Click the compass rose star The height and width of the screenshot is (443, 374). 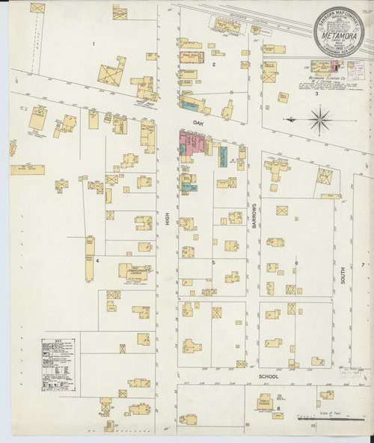[x=320, y=117]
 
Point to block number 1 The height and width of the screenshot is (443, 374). [x=93, y=44]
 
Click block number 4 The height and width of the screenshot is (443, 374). [x=97, y=260]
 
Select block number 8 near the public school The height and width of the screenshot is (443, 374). [x=278, y=408]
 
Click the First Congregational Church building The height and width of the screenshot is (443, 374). [x=135, y=271]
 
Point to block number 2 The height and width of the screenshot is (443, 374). [x=214, y=64]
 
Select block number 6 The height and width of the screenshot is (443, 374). [x=295, y=263]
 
